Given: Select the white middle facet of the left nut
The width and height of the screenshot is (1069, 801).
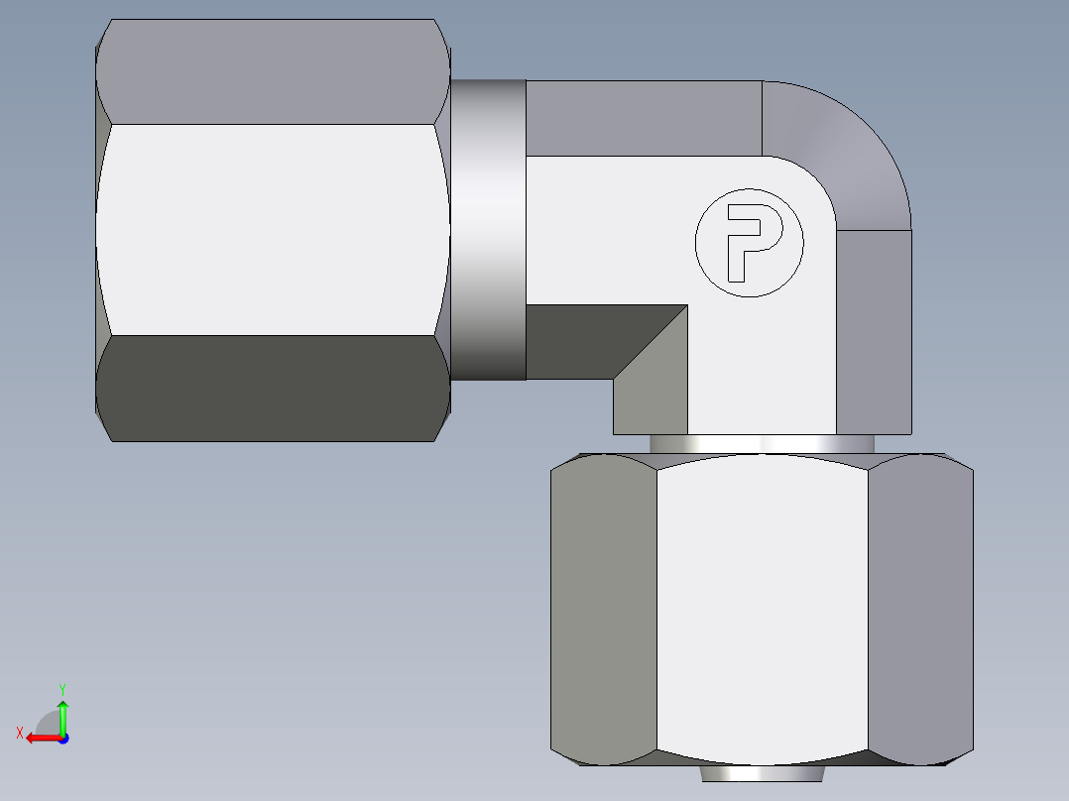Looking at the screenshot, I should (273, 228).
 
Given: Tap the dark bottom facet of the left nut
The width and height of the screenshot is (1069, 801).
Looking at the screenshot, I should (273, 389).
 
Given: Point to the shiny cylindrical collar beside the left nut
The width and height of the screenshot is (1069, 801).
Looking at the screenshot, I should (488, 228).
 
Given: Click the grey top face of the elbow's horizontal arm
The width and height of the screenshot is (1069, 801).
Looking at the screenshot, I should (643, 118).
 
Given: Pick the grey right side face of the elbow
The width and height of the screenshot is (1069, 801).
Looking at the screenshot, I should (874, 331).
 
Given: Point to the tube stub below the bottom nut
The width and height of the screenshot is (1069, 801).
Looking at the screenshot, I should (762, 773).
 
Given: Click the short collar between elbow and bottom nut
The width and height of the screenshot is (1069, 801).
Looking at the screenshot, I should (762, 444).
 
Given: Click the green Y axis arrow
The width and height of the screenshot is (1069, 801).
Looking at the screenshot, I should (62, 714).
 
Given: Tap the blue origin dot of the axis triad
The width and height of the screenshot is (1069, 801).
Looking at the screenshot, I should (62, 739).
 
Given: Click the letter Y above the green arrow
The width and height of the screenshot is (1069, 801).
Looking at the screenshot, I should (61, 688).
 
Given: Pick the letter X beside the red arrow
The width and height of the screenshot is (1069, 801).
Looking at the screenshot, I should (20, 733).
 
